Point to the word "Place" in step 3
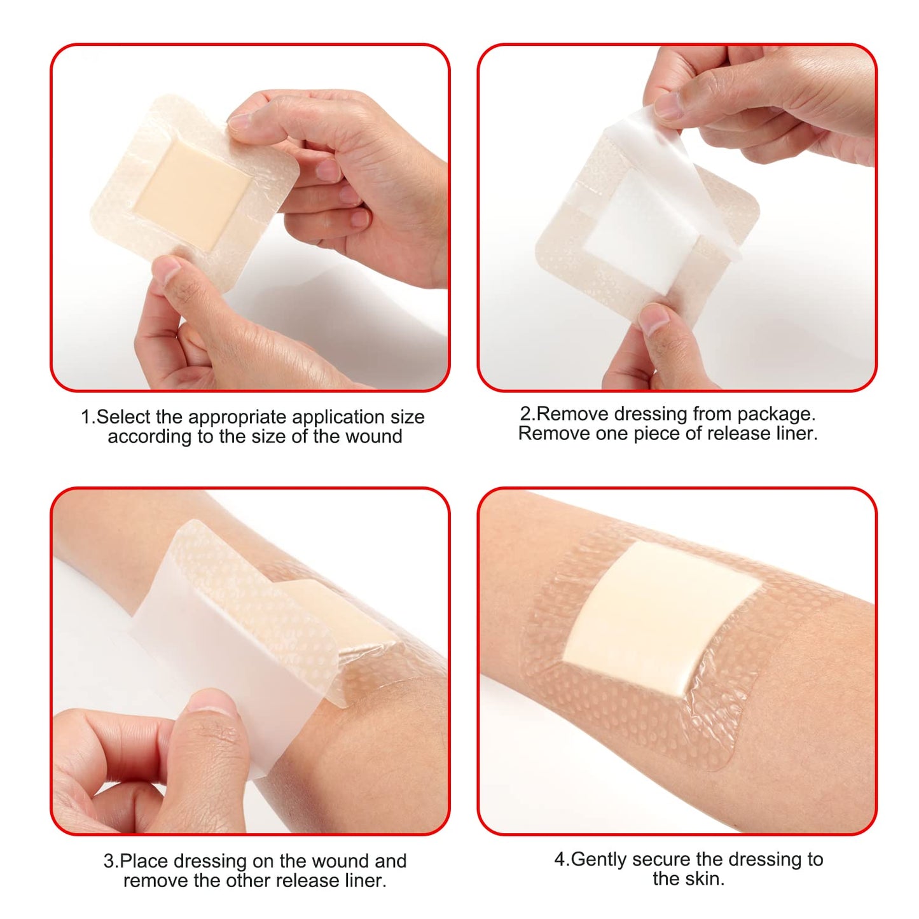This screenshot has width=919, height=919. [x=144, y=861]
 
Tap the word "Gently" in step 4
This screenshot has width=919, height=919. [x=600, y=860]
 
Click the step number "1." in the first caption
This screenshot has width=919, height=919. [x=88, y=417]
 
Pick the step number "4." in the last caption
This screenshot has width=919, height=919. [x=562, y=860]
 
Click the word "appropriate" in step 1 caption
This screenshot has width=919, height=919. [x=237, y=417]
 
